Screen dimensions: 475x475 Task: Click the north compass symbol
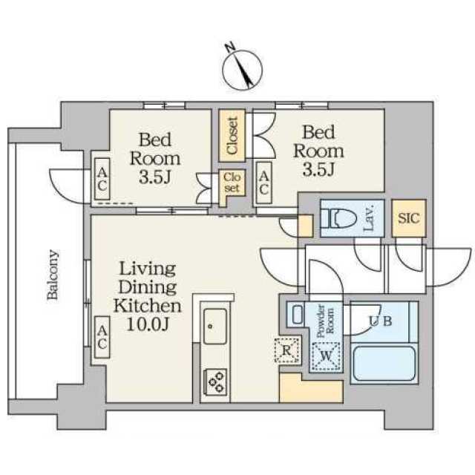[x=242, y=68]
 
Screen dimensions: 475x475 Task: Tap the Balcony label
[x=52, y=275]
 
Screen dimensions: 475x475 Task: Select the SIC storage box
[x=409, y=217]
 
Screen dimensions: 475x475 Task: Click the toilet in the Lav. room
[x=338, y=217]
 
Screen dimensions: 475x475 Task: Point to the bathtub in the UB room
[x=384, y=364]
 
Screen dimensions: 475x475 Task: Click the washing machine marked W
[x=326, y=356]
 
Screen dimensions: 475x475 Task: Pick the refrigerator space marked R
[x=287, y=350]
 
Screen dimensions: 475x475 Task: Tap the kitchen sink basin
[x=215, y=326]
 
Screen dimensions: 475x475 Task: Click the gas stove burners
[x=216, y=381]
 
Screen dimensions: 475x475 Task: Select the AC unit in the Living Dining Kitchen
[x=102, y=337]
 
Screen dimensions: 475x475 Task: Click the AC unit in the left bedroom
[x=102, y=179]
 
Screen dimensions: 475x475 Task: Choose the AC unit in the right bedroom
[x=264, y=183]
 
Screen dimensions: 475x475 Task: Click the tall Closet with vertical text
[x=232, y=135]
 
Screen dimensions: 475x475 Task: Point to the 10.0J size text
[x=148, y=325]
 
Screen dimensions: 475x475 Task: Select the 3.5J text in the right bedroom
[x=318, y=169]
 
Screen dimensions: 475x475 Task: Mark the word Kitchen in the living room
[x=148, y=306]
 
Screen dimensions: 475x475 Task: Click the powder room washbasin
[x=298, y=315]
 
